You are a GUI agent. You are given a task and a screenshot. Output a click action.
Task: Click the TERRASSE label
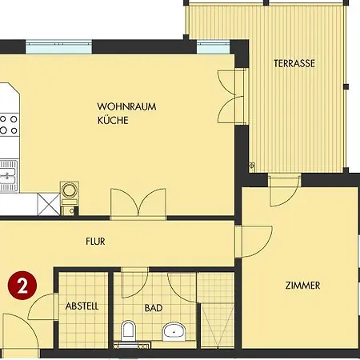(x=294, y=63)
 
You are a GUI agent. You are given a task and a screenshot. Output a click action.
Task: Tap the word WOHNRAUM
(x=126, y=106)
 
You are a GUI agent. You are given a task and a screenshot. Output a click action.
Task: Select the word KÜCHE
(x=113, y=120)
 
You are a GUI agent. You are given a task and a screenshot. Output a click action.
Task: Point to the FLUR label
(x=95, y=242)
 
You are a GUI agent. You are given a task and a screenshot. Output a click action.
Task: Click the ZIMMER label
(x=302, y=286)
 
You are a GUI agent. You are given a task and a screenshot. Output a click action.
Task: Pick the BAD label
(x=154, y=308)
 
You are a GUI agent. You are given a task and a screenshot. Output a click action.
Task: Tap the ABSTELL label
(x=82, y=306)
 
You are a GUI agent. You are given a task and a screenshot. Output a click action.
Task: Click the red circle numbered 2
(x=22, y=286)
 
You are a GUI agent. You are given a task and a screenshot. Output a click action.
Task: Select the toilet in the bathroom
(x=128, y=331)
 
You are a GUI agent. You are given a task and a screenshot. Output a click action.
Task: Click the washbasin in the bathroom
(x=174, y=331)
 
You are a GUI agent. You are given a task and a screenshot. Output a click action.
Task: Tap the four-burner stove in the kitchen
(x=10, y=125)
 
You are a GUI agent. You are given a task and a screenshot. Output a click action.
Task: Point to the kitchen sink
(x=9, y=175)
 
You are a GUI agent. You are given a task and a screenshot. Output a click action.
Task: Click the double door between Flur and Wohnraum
(x=138, y=204)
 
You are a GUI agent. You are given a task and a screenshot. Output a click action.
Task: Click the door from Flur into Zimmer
(x=254, y=242)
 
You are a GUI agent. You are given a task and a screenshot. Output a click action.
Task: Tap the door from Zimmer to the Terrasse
(x=284, y=190)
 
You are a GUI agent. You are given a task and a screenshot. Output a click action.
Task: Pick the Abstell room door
(x=43, y=306)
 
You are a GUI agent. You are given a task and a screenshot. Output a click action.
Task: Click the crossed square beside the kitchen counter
(x=49, y=204)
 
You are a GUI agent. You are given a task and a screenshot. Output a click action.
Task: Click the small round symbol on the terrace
(x=252, y=166)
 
